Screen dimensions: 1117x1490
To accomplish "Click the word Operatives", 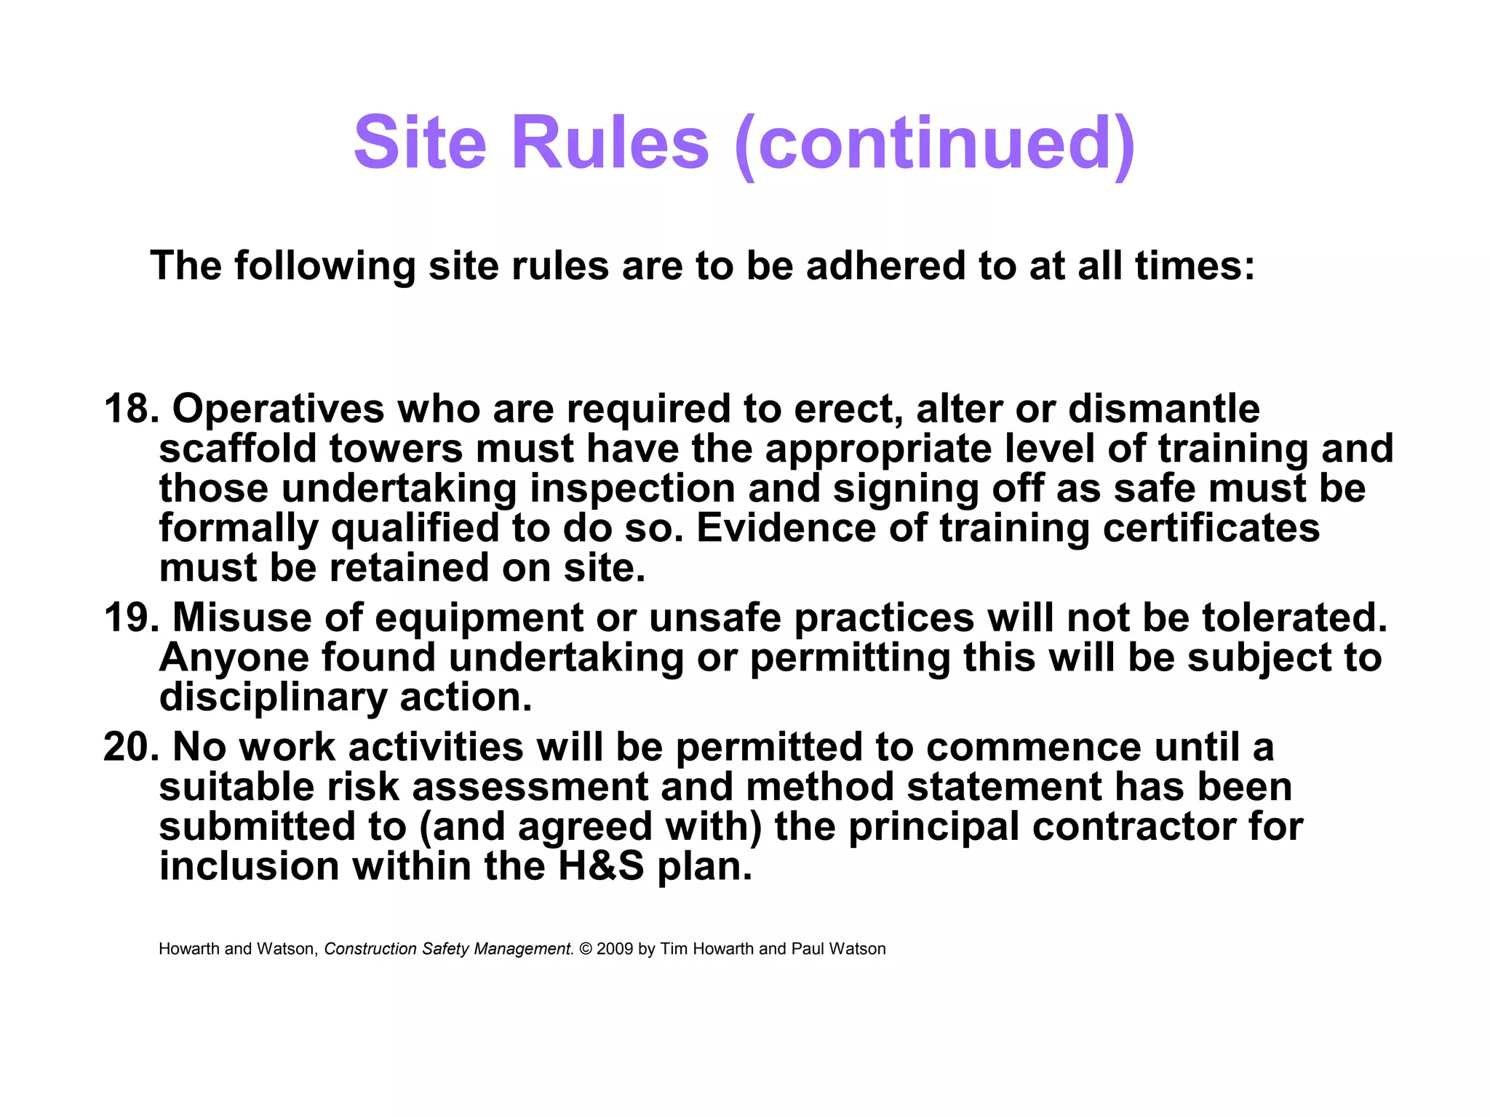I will pos(278,409).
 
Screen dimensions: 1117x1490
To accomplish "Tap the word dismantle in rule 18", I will pos(1163,409).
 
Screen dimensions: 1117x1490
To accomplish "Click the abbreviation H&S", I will pos(601,866).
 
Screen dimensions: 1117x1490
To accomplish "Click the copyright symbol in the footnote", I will pos(586,949).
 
